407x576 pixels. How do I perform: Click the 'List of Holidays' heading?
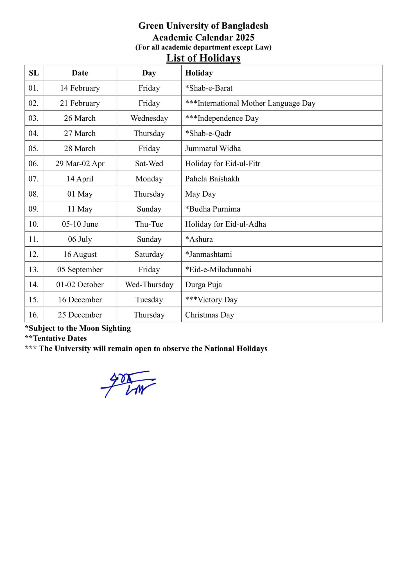click(203, 58)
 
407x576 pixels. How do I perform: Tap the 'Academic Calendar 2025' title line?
click(203, 37)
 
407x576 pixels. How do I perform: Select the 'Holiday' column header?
click(199, 73)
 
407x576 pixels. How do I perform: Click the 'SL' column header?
click(34, 73)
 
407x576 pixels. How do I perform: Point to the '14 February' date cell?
click(80, 88)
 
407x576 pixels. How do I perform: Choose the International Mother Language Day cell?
click(250, 103)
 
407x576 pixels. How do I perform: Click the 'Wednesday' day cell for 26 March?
click(149, 118)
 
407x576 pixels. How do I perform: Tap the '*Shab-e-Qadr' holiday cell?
click(208, 133)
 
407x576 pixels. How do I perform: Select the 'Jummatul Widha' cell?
click(213, 148)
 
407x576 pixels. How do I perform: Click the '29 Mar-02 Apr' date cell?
click(80, 164)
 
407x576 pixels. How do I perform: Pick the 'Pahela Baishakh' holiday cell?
click(212, 179)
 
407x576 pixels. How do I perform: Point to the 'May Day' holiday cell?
click(200, 194)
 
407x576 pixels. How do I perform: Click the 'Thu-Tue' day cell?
click(149, 224)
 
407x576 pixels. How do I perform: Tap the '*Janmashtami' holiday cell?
click(209, 255)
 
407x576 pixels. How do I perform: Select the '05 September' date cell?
click(80, 270)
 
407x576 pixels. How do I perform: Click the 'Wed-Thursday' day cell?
click(149, 285)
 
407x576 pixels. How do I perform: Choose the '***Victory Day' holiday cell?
click(211, 300)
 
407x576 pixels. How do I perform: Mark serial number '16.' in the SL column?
click(34, 315)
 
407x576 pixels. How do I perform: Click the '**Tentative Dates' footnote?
click(56, 338)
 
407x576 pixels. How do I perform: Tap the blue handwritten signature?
click(128, 384)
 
